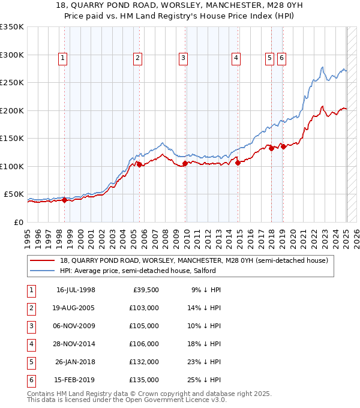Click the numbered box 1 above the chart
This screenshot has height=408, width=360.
point(63,58)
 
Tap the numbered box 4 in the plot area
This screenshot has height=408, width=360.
point(236,58)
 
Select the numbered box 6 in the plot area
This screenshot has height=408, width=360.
point(281,58)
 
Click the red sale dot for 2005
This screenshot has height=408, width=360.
point(139,164)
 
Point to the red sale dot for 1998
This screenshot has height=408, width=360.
point(64,200)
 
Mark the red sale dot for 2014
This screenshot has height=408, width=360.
point(238,162)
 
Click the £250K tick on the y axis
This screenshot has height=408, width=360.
point(12,83)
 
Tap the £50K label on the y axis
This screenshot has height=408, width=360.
point(14,194)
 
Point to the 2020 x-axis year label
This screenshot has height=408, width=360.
point(293,235)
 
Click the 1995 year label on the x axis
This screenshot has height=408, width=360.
point(28,235)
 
